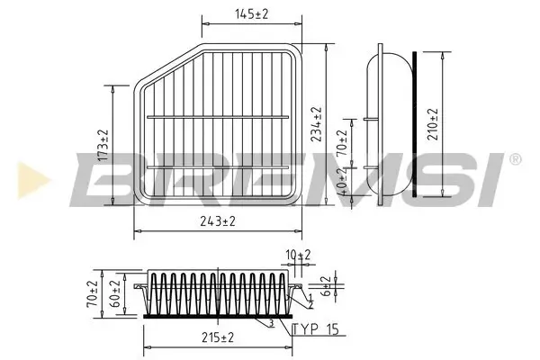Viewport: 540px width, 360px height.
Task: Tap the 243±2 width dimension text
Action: click(217, 221)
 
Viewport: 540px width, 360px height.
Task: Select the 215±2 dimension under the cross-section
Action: click(217, 337)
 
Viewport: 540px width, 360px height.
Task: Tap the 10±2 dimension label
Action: click(298, 256)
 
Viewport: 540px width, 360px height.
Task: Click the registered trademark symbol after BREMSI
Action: click(515, 159)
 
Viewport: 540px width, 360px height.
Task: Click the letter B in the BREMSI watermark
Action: click(108, 178)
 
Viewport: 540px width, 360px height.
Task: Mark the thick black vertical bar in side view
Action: click(414, 124)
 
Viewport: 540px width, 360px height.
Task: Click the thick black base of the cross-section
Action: click(216, 315)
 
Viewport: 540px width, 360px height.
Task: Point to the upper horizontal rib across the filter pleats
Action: click(218, 117)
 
